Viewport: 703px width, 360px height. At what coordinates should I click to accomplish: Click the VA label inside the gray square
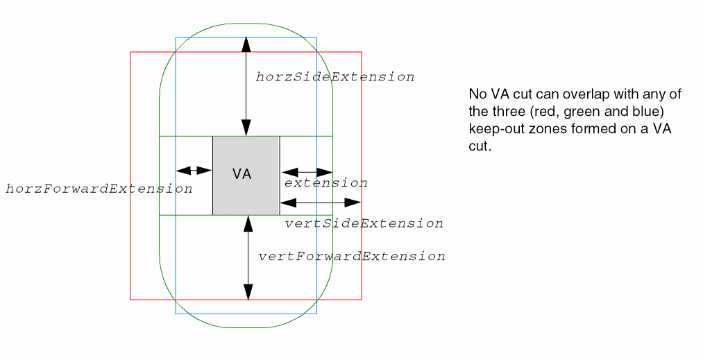point(242,174)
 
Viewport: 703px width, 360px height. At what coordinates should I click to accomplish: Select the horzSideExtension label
point(335,77)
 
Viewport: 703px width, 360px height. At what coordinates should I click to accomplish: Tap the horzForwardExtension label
point(99,189)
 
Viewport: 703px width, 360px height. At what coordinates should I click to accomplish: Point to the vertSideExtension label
point(364,223)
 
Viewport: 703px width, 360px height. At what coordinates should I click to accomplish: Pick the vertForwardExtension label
point(352,257)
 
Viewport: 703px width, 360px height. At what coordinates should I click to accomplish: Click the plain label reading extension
point(325,183)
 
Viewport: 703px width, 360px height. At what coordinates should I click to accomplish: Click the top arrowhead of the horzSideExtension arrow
point(245,43)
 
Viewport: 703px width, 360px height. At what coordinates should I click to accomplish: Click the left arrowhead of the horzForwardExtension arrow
point(182,171)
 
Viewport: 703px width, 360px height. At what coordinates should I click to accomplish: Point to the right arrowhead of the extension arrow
point(327,172)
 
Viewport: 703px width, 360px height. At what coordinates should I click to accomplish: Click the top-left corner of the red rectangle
point(131,52)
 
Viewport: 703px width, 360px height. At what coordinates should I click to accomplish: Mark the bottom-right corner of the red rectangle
point(362,300)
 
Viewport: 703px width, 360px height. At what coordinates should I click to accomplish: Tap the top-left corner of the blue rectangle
point(176,37)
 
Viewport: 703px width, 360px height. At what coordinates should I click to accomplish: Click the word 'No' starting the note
point(477,94)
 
